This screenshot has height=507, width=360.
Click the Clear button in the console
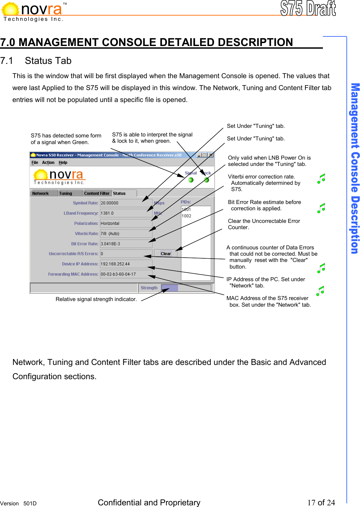(166, 254)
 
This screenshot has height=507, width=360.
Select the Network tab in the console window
(40, 193)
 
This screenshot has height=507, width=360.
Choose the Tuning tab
(66, 193)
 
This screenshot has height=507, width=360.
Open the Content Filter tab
(97, 193)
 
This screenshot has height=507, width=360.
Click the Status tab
(120, 193)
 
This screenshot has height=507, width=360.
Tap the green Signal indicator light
(191, 180)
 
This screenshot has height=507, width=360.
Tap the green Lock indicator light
(206, 180)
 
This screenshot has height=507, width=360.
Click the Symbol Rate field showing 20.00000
(126, 203)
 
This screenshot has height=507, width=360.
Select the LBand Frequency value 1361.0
(126, 213)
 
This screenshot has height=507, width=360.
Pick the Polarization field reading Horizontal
(126, 224)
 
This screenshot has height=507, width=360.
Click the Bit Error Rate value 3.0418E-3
(126, 244)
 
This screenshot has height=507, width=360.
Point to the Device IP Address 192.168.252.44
(126, 264)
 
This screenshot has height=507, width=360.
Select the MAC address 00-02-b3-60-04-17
(126, 274)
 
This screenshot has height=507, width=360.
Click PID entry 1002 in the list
(186, 216)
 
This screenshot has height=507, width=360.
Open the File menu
(35, 163)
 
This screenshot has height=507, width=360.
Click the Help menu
(63, 163)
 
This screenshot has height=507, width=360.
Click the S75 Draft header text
(308, 8)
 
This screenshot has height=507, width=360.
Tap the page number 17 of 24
(321, 502)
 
